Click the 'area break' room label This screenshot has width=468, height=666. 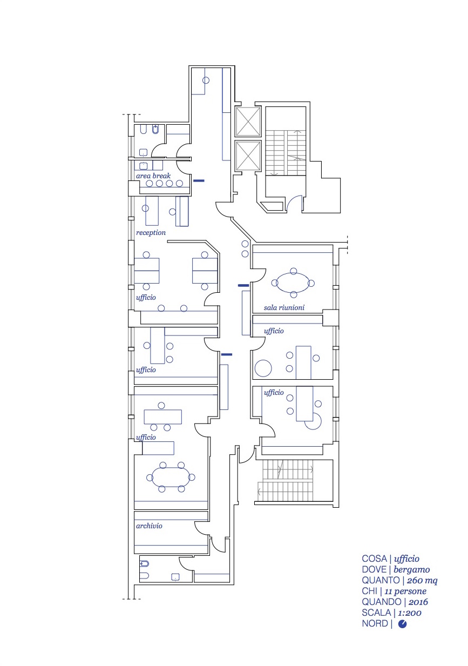pos(153,176)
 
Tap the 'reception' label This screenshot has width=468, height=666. pos(151,232)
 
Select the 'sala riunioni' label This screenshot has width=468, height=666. pos(284,307)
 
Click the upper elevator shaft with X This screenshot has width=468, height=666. pos(248,122)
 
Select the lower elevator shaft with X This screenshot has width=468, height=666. pos(248,156)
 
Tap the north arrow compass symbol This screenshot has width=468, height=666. pos(402,624)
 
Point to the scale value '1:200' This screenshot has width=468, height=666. pos(410,613)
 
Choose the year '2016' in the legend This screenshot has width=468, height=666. pos(418,602)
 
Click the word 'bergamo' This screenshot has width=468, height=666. pos(411,570)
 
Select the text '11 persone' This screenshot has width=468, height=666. pos(405,591)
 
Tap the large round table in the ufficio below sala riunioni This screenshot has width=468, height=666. pos(263,368)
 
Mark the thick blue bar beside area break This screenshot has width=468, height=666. pos(199,180)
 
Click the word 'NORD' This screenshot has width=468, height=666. pos(375,623)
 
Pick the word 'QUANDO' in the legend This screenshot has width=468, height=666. pos(382,602)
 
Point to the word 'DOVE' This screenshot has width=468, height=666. pos(374,569)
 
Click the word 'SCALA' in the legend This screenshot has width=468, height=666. pos(376,613)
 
